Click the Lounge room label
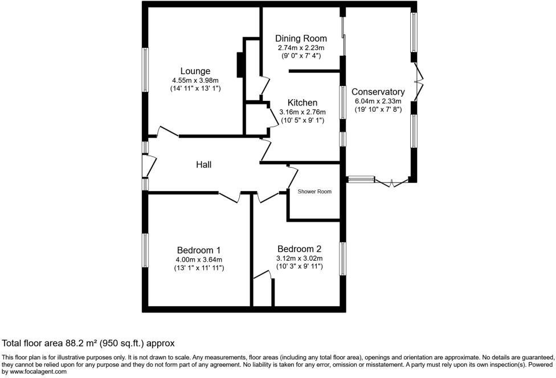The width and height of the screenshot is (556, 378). point(195,71)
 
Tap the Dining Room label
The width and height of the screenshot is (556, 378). point(301,39)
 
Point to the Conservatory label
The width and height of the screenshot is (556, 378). point(378,92)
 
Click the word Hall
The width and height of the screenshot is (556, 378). point(203,165)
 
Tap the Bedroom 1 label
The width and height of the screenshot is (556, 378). point(198,250)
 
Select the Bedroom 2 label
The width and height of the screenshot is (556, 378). point(299,249)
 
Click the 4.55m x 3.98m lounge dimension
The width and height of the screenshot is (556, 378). point(195,80)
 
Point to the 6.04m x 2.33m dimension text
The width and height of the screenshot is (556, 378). point(378,101)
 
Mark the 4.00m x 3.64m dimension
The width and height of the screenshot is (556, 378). point(199,259)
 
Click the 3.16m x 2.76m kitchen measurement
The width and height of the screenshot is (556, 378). point(302,112)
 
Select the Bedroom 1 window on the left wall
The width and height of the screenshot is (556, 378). point(145,250)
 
